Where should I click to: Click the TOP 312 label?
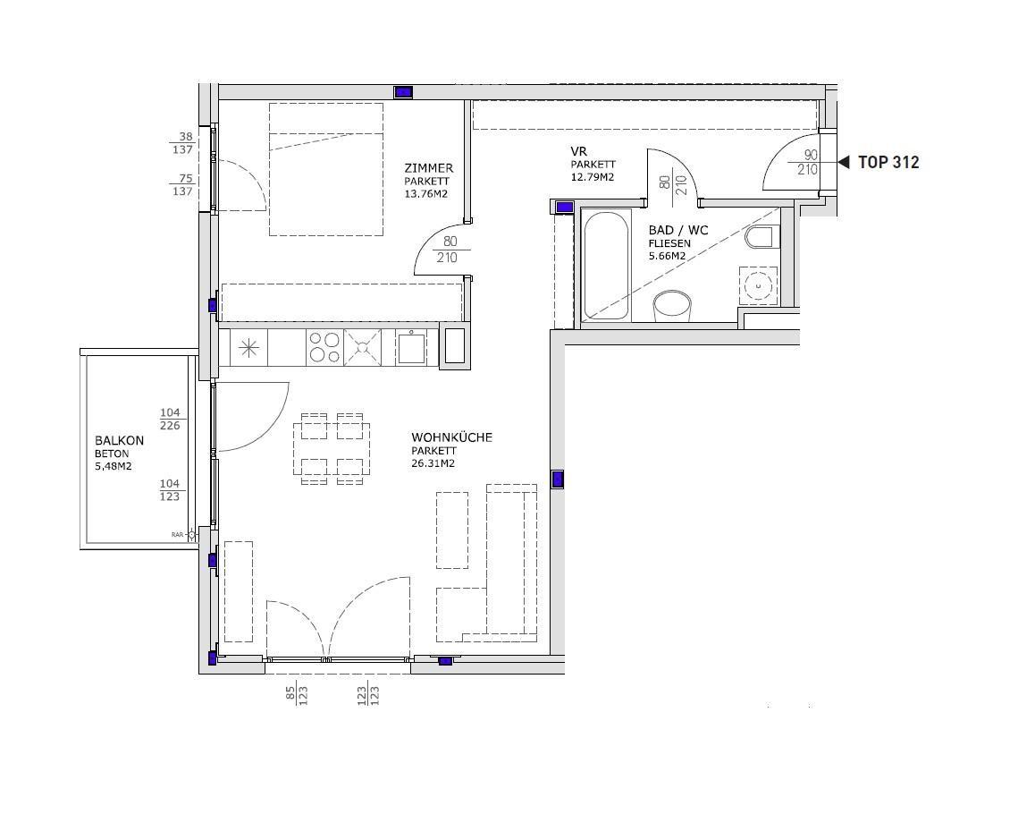[888, 163]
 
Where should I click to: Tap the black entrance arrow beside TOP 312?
[844, 163]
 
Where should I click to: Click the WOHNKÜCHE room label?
[452, 437]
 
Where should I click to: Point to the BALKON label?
[120, 440]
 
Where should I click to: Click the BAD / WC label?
[677, 231]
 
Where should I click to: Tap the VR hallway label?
[578, 152]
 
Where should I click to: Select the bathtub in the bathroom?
[605, 266]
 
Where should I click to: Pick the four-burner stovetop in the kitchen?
[324, 347]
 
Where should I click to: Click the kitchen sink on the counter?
[411, 347]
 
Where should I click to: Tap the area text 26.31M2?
[433, 464]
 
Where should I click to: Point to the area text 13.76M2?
[426, 193]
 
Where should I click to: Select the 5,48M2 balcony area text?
[113, 466]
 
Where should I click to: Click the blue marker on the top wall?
[403, 92]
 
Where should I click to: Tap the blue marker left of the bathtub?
[565, 208]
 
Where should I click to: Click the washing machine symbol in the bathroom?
[759, 285]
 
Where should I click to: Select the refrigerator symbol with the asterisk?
[248, 348]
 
